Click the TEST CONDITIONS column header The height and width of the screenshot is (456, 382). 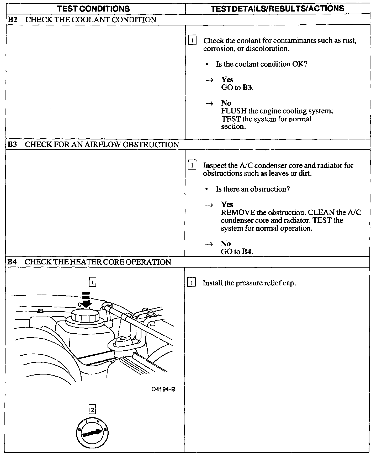pos(93,9)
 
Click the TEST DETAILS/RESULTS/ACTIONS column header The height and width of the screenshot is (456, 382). pos(277,9)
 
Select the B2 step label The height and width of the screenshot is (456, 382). pos(12,20)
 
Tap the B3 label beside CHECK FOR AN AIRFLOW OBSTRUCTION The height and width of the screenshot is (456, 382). pos(12,145)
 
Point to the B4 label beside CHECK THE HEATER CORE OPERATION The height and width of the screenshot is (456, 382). pos(12,262)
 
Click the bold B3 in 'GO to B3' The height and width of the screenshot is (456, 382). pos(247,88)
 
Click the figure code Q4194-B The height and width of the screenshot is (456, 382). pos(163,389)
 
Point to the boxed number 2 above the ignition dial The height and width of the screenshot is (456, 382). pos(92,409)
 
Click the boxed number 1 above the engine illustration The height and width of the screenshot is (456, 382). pos(93,282)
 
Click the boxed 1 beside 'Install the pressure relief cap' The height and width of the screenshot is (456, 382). pos(192,283)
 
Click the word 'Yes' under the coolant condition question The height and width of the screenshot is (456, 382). pos(227,80)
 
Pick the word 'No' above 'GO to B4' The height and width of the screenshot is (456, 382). pos(226,244)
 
